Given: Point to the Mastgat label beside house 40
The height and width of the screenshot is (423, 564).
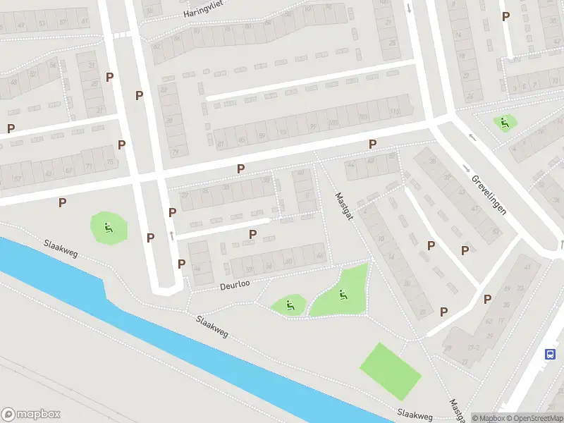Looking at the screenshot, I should pyautogui.click(x=343, y=207).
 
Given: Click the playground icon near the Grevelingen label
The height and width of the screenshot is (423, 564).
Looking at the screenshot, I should pyautogui.click(x=504, y=123).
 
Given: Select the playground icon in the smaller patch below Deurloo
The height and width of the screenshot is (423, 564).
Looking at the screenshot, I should pyautogui.click(x=290, y=305).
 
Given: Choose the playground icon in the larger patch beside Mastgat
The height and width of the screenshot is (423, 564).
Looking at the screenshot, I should pyautogui.click(x=343, y=294).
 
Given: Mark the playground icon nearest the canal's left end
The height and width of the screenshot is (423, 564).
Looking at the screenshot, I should pyautogui.click(x=108, y=227).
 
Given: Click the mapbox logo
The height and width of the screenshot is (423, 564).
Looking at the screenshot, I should pyautogui.click(x=31, y=415).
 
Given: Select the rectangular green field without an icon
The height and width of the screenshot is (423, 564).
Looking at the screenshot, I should pyautogui.click(x=391, y=369).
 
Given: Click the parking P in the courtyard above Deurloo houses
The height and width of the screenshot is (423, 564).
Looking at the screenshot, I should pyautogui.click(x=252, y=234).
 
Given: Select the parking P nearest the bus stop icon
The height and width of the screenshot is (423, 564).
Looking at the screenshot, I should pyautogui.click(x=487, y=299).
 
